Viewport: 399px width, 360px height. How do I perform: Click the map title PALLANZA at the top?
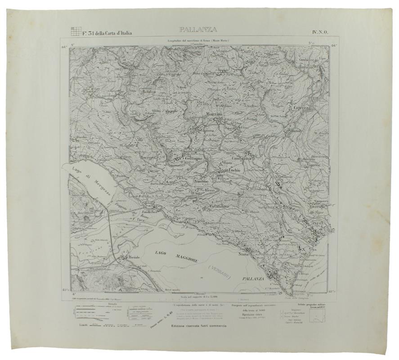tap(198, 30)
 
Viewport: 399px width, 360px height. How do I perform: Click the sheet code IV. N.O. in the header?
tap(320, 31)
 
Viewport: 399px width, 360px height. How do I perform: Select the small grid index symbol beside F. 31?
tap(76, 31)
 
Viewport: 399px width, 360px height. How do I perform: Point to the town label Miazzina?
tap(214, 114)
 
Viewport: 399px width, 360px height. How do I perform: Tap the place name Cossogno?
tap(192, 158)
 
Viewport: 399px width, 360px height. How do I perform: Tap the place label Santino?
tap(202, 181)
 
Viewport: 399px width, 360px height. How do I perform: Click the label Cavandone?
tap(219, 206)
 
